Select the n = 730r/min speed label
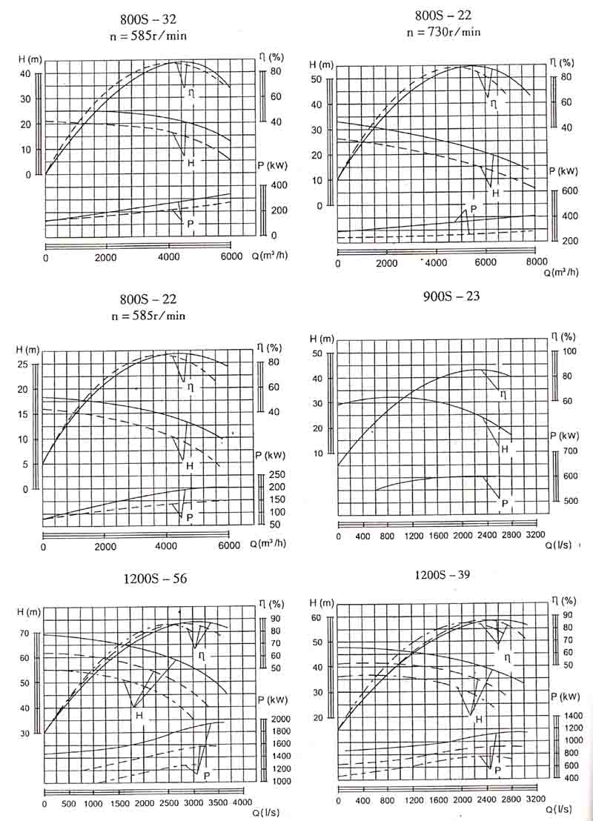pyautogui.click(x=444, y=31)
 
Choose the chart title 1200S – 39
pyautogui.click(x=443, y=574)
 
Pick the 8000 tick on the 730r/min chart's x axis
pyautogui.click(x=536, y=262)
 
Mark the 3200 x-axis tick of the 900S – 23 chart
pyautogui.click(x=535, y=535)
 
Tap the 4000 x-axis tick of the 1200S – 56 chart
pyautogui.click(x=242, y=803)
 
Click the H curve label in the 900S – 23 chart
pyautogui.click(x=505, y=450)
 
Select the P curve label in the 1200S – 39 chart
pyautogui.click(x=497, y=771)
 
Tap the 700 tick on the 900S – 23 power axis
pyautogui.click(x=570, y=451)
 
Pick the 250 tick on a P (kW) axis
pyautogui.click(x=276, y=475)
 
